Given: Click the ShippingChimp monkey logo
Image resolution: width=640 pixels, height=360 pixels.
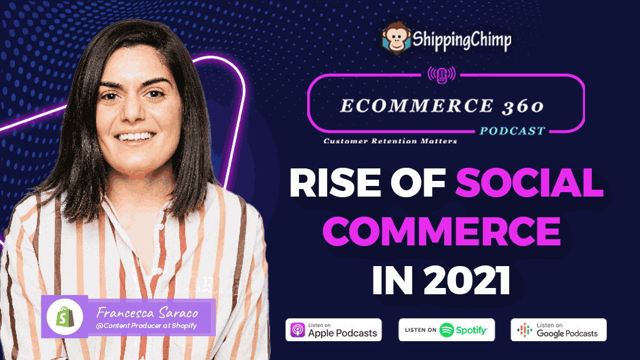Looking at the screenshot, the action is click(x=395, y=38).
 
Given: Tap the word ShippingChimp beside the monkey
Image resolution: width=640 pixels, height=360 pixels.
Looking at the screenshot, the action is click(x=462, y=40).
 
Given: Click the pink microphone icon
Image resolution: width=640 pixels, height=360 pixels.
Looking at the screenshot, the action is click(x=441, y=75).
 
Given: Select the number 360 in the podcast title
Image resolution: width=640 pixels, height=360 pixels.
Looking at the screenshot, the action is click(x=523, y=106).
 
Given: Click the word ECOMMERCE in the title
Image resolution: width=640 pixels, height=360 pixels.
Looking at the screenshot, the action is click(x=417, y=106).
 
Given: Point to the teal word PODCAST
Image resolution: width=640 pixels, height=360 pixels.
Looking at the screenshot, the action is click(x=512, y=131).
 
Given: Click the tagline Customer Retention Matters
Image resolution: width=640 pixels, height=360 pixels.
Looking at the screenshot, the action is click(x=390, y=141).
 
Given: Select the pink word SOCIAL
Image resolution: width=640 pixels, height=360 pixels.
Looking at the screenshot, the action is click(x=529, y=183).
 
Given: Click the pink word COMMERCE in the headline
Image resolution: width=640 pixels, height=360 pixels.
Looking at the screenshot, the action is click(x=442, y=231).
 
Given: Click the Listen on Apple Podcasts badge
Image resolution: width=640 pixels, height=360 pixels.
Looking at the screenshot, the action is click(x=333, y=330).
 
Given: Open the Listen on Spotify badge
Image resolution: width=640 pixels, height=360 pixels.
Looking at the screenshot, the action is click(x=447, y=330).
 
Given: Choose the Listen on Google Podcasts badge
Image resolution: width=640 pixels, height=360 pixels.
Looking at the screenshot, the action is click(x=559, y=330).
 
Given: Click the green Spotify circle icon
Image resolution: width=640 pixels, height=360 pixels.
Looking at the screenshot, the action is click(x=447, y=330).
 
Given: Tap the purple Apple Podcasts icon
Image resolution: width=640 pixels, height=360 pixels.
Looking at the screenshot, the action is click(x=298, y=330).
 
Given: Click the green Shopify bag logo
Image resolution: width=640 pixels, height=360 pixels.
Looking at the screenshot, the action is click(x=65, y=317).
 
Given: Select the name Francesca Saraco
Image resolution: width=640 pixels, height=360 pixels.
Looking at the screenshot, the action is click(x=148, y=313).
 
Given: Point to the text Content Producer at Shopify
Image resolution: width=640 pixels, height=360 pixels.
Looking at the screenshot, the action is click(x=146, y=326).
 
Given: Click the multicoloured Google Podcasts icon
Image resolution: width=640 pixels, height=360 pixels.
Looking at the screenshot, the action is click(x=524, y=330).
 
